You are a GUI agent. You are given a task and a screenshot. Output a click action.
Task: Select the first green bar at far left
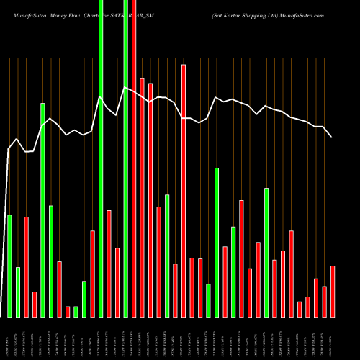click(9, 266)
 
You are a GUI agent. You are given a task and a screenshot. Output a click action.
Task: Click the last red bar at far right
click(333, 291)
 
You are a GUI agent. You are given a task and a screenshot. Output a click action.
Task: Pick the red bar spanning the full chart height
click(134, 158)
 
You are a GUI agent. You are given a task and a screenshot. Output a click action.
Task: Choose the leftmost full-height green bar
click(101, 158)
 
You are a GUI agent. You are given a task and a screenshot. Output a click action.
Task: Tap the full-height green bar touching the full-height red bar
click(126, 158)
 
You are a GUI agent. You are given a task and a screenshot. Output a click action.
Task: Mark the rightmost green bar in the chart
click(266, 252)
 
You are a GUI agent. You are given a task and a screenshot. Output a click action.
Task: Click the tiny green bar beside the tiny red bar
click(76, 312)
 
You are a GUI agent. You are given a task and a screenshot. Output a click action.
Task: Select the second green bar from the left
click(18, 292)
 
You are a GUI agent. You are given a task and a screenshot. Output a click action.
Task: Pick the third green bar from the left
click(42, 210)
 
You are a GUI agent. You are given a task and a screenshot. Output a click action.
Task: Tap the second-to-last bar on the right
click(325, 301)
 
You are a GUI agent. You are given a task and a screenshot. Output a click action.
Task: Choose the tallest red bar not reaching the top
click(184, 190)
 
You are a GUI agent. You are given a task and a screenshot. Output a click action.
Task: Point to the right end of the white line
click(332, 136)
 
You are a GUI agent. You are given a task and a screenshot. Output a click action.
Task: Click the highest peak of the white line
click(125, 88)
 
